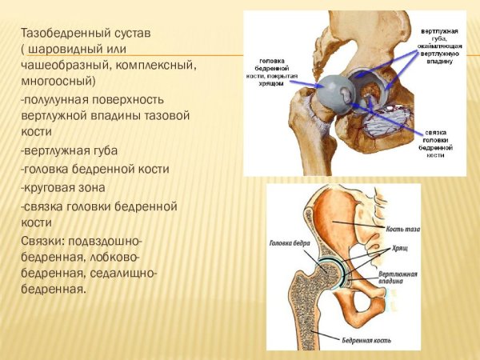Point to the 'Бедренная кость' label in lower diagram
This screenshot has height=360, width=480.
364,340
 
